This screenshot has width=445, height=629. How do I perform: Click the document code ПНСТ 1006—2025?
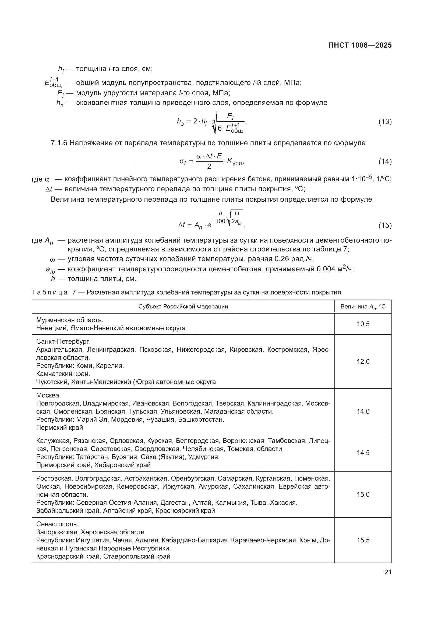click(360, 45)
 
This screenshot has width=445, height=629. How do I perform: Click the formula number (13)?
click(385, 122)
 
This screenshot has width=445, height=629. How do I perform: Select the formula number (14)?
click(385, 161)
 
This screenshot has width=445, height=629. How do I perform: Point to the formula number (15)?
click(385, 225)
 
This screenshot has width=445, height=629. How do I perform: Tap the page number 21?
click(388, 572)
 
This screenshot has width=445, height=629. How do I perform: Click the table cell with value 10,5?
click(363, 324)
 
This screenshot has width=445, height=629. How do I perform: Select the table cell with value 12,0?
click(363, 362)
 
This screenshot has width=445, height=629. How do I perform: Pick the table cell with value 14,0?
click(363, 411)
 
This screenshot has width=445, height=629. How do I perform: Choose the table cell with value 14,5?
click(363, 453)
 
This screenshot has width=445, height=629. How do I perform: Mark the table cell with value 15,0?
click(363, 495)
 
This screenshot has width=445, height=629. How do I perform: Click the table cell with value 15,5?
click(363, 540)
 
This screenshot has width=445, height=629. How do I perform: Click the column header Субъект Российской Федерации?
click(183, 307)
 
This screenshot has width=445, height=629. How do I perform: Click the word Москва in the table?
click(48, 395)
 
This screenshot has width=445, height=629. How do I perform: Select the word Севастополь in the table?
click(57, 524)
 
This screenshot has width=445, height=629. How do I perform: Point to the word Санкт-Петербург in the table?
click(62, 342)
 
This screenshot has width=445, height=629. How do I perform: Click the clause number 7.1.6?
click(59, 143)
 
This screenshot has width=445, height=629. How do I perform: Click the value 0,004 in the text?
click(326, 269)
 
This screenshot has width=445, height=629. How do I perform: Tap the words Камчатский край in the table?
click(63, 374)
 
